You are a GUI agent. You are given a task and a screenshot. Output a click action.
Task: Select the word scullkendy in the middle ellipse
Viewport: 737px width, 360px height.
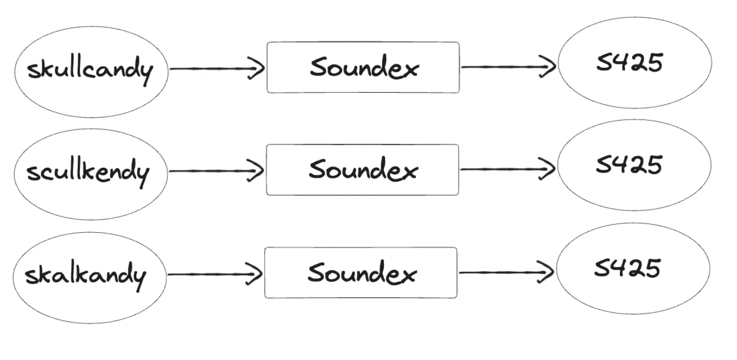click(x=88, y=173)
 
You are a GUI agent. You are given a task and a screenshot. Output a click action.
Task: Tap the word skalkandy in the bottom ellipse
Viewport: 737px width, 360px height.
click(x=85, y=275)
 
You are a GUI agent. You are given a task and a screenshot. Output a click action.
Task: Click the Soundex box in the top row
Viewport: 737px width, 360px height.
click(x=363, y=68)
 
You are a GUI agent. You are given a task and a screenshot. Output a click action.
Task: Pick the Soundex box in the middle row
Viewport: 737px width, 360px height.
click(x=362, y=170)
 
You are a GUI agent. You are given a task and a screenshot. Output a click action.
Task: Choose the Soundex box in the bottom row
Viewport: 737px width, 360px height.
click(x=361, y=273)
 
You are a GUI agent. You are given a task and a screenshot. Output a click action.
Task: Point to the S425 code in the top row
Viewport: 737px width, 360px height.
click(x=629, y=63)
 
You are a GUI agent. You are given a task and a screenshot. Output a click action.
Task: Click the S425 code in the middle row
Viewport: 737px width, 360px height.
click(x=628, y=165)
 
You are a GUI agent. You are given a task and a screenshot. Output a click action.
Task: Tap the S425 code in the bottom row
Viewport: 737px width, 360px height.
click(x=627, y=267)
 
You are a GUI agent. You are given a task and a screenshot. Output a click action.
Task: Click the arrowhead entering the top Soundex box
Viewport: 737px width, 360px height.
click(x=258, y=69)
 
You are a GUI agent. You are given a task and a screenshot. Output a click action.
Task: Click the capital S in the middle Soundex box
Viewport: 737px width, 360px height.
click(x=320, y=170)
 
